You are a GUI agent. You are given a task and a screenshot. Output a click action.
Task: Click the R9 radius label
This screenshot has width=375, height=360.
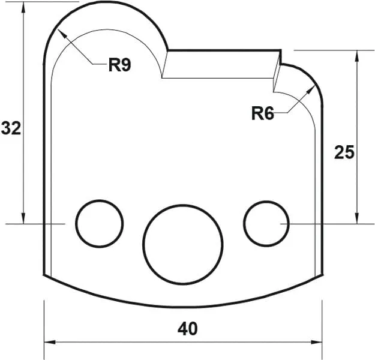coord(119,65)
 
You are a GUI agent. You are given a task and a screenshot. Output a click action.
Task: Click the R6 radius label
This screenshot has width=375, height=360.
coord(262,113)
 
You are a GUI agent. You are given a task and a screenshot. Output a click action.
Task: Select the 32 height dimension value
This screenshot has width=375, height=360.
coord(11,128)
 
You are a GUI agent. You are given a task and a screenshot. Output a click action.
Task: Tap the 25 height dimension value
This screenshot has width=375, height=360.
coord(344,152)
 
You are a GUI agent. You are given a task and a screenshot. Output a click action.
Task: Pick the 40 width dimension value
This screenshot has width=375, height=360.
coord(187,328)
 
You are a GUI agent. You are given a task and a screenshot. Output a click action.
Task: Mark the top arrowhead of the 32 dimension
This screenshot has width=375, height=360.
coord(23,6)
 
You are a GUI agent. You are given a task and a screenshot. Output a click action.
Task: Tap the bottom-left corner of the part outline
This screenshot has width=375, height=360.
coord(44,275)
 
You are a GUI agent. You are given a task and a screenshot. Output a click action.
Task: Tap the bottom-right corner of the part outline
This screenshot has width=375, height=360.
coord(322,275)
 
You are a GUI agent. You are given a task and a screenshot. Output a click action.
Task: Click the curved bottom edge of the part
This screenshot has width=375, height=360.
coord(183,307)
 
